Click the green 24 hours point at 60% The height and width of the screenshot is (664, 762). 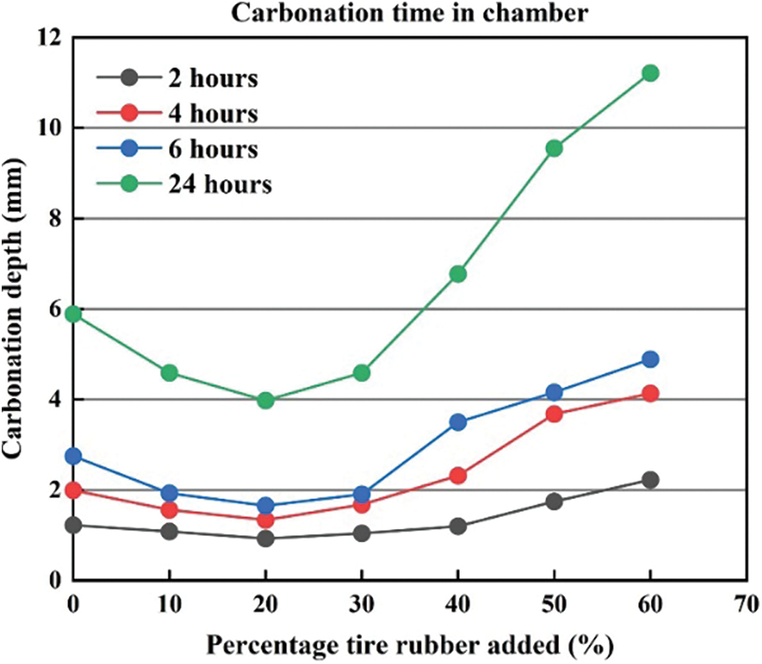click(x=650, y=73)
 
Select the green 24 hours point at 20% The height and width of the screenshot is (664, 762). click(x=266, y=400)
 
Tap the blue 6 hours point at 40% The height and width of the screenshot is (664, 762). click(x=458, y=422)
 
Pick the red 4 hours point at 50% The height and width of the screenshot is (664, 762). click(x=554, y=413)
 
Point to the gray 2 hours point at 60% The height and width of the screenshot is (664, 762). click(x=650, y=480)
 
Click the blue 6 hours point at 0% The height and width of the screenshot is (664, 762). click(x=73, y=455)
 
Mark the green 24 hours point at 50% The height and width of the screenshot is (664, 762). click(x=554, y=148)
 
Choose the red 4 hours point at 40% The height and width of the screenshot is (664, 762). click(x=458, y=475)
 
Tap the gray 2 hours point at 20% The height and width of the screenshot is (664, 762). click(x=266, y=538)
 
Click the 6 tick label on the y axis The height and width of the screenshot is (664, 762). click(x=56, y=309)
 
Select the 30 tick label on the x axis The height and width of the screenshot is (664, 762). click(x=362, y=603)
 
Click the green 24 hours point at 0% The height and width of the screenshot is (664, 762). click(x=73, y=313)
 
